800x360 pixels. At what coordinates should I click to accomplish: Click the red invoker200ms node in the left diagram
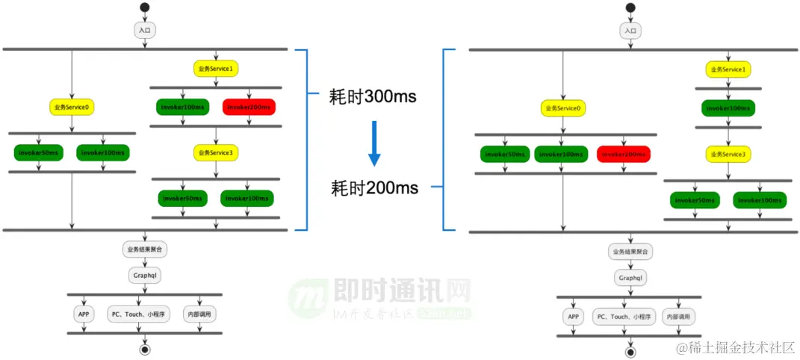(249, 107)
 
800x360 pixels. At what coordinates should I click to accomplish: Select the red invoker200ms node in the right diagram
(623, 155)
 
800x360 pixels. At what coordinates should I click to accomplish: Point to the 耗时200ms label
(374, 187)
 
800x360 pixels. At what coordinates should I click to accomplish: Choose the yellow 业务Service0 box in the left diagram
(72, 107)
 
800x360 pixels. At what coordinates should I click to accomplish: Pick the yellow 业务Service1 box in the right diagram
(728, 69)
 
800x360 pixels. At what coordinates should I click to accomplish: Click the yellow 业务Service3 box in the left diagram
(216, 153)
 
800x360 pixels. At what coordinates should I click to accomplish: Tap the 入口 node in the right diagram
(630, 31)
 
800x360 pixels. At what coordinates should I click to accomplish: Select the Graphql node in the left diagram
(144, 276)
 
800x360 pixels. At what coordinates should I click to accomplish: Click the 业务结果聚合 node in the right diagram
(630, 252)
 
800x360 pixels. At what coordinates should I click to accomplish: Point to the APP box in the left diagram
(84, 314)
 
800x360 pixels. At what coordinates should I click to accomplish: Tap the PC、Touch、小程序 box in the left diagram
(139, 314)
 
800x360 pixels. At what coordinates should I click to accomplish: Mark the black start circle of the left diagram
(144, 8)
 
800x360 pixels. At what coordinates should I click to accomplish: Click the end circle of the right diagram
(630, 351)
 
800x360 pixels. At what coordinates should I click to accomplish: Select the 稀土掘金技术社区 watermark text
(735, 347)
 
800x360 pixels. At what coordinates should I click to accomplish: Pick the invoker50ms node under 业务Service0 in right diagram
(505, 155)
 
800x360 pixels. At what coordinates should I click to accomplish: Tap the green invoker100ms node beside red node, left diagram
(182, 107)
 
